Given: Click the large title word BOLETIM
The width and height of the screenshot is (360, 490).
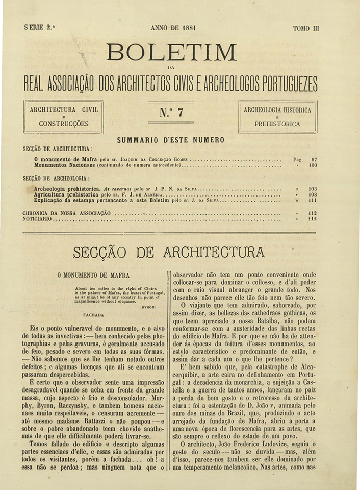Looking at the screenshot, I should coord(171,52).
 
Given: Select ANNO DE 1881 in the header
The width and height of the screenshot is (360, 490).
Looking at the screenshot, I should coord(173,28).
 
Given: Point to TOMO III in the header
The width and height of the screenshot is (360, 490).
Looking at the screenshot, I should coord(306,29).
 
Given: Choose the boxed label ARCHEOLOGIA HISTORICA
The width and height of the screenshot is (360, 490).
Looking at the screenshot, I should coord(277,110).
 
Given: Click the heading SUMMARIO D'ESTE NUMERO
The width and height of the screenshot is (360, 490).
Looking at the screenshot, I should coord(170,140).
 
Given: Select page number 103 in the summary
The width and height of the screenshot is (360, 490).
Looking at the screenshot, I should coord(313,188).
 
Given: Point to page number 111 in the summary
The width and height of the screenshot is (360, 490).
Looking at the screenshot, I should coord(313,201).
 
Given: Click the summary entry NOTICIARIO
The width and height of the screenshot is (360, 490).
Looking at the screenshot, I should coord(38,218).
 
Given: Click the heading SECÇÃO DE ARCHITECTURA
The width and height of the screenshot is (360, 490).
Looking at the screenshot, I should coord(169,252).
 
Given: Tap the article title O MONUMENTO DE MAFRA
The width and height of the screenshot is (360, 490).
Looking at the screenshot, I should coord(93,275).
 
